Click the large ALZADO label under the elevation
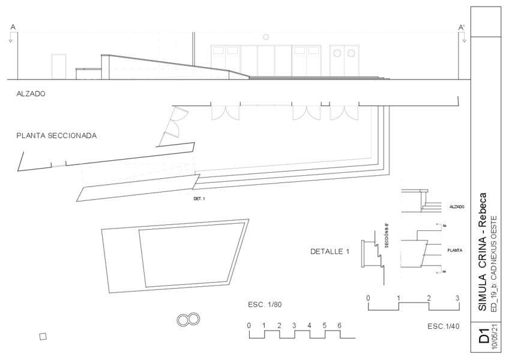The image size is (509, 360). [31, 94]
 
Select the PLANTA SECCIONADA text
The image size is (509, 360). [56, 136]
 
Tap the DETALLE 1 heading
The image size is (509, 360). [330, 251]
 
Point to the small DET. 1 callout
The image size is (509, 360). [199, 199]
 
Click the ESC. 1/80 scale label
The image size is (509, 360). [265, 305]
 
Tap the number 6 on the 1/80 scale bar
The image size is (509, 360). [339, 325]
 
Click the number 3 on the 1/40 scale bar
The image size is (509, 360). [457, 298]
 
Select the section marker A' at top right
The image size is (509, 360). [462, 27]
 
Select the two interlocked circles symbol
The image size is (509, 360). [188, 320]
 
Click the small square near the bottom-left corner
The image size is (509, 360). [43, 337]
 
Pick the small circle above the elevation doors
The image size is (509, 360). [266, 37]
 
